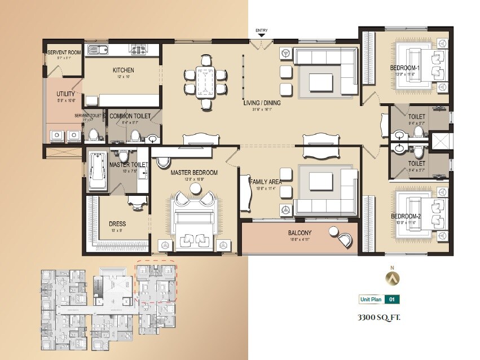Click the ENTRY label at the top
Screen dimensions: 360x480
(262, 30)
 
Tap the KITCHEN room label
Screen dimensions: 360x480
(123, 70)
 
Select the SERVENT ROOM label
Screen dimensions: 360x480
(64, 52)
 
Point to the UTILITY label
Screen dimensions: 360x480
(65, 94)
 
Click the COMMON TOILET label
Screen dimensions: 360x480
(130, 116)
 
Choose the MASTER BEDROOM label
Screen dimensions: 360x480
(194, 172)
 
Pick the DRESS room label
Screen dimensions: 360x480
(117, 223)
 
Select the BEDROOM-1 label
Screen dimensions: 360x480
(406, 68)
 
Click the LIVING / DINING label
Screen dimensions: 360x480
(262, 103)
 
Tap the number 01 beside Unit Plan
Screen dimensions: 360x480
(393, 300)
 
